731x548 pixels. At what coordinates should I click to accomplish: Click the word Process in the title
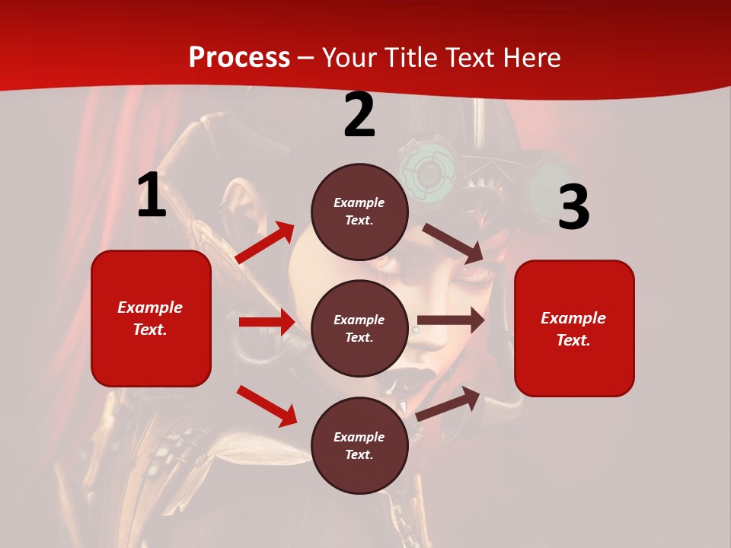pyautogui.click(x=239, y=58)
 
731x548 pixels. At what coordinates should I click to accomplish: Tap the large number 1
pyautogui.click(x=152, y=195)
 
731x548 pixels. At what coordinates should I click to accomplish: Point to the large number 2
pyautogui.click(x=359, y=116)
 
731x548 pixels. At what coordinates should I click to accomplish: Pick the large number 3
pyautogui.click(x=573, y=207)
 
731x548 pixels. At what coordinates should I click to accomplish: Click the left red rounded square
pyautogui.click(x=151, y=318)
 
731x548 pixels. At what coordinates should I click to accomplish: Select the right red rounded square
pyautogui.click(x=574, y=329)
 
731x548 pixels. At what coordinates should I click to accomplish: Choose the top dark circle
pyautogui.click(x=359, y=212)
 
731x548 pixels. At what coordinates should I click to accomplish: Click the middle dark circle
pyautogui.click(x=359, y=329)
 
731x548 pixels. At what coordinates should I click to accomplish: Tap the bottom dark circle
pyautogui.click(x=359, y=446)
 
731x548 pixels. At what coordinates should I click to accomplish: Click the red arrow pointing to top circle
pyautogui.click(x=265, y=242)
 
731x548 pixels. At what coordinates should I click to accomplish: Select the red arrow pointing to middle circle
pyautogui.click(x=267, y=322)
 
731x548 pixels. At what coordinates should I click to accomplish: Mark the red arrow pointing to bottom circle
pyautogui.click(x=267, y=406)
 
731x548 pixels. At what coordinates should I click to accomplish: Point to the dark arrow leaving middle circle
pyautogui.click(x=451, y=320)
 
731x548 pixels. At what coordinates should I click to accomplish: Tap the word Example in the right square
pyautogui.click(x=573, y=318)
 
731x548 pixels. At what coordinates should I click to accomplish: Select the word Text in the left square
pyautogui.click(x=149, y=330)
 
